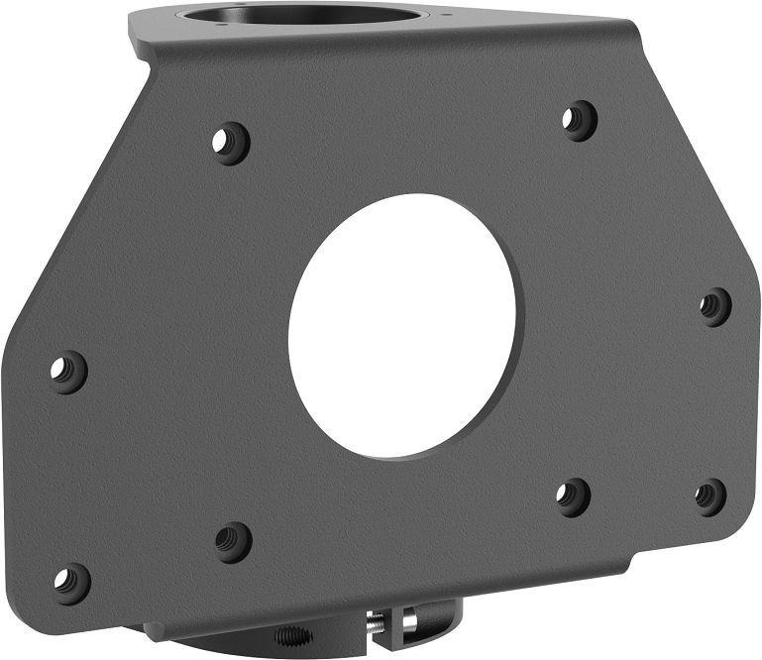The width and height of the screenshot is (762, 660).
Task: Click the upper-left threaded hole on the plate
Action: (x=230, y=142)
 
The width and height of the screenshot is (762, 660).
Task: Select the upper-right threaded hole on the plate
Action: (x=579, y=120)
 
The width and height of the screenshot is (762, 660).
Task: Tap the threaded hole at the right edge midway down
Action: (x=714, y=306)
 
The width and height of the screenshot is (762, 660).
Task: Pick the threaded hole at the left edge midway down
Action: (x=68, y=372)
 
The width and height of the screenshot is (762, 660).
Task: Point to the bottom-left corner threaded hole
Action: (x=70, y=583)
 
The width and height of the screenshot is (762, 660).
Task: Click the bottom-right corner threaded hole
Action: (x=709, y=495)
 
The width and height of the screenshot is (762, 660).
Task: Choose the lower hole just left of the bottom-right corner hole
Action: (x=573, y=495)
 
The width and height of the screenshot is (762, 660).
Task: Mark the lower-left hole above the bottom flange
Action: (x=233, y=541)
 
